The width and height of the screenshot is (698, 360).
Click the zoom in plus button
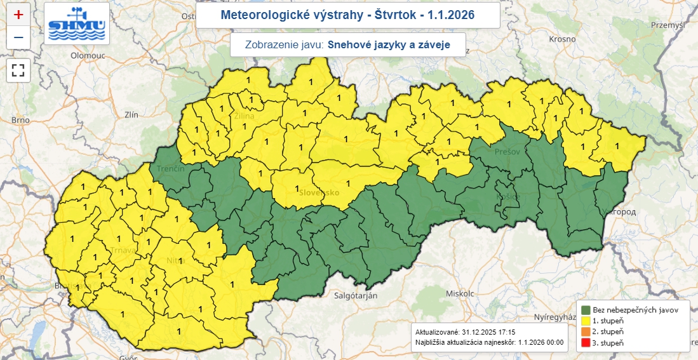tap(18, 14)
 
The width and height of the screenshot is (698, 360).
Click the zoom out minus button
tap(18, 37)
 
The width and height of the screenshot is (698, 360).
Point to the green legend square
tap(585, 310)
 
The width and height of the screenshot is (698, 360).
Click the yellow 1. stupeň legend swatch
tap(585, 321)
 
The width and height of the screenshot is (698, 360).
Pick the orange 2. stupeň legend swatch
tap(585, 331)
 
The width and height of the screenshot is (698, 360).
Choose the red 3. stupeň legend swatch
tap(585, 343)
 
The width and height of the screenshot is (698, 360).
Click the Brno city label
tap(21, 119)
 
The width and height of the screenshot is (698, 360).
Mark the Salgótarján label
tap(356, 296)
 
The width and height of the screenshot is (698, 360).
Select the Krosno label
tap(561, 39)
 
